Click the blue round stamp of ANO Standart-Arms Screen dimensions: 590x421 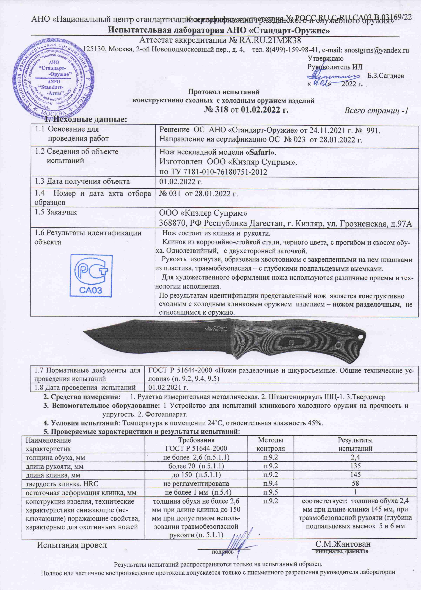pyautogui.click(x=52, y=79)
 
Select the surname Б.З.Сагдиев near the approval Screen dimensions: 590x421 pyautogui.click(x=386, y=76)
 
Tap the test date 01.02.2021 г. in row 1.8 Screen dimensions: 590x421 pyautogui.click(x=168, y=388)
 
